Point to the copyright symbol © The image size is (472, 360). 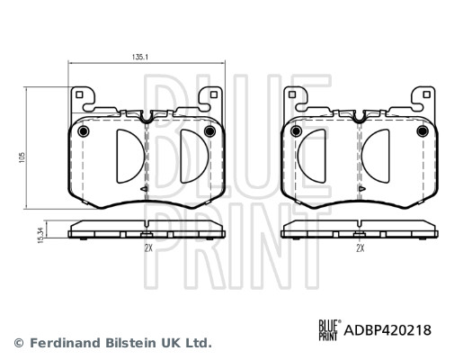(17, 343)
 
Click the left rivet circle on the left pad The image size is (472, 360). (83, 133)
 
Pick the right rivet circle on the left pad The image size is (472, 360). (209, 133)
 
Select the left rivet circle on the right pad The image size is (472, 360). (295, 133)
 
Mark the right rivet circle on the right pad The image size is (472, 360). (423, 133)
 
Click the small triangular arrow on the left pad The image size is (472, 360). (144, 190)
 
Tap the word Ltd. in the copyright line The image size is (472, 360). (198, 343)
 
